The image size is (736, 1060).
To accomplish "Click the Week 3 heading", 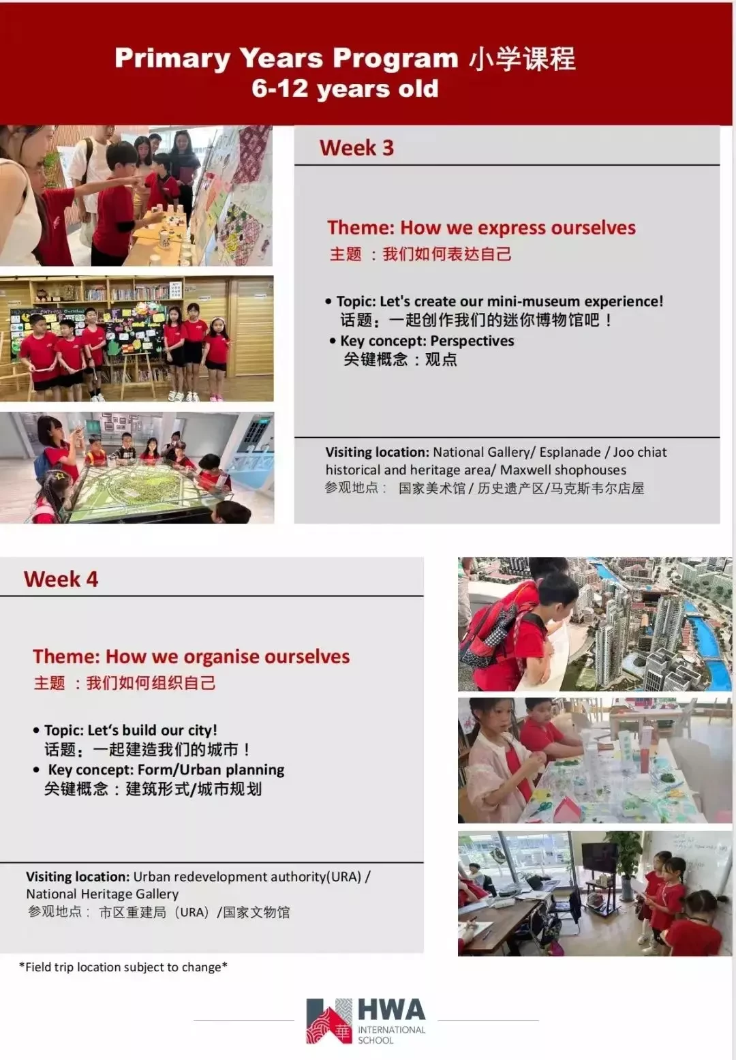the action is coord(356,148).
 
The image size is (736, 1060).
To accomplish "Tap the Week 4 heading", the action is coord(61,579).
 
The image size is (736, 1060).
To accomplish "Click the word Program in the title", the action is coord(395,58).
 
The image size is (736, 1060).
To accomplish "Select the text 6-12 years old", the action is coord(345,89).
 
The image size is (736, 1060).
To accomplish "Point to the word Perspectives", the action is coord(472,341).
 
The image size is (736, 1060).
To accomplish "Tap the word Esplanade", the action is coord(570,453).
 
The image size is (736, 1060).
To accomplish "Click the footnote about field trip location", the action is coord(123,967).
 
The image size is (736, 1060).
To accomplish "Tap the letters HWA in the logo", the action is coord(392,1010).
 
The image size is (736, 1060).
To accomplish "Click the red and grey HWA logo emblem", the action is coord(329,1020).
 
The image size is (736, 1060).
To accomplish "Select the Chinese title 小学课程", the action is coord(522,59).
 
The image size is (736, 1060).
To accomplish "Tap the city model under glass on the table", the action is coord(148,492).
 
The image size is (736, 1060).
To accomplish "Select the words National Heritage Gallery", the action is coord(102,894).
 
